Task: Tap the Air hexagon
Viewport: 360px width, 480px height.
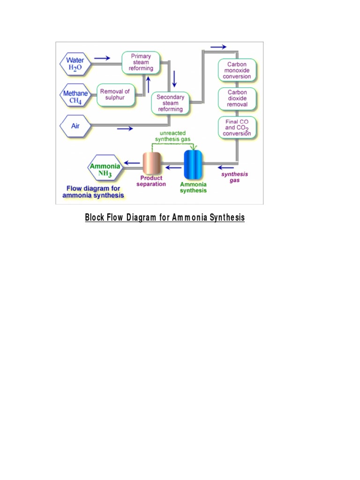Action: (75, 126)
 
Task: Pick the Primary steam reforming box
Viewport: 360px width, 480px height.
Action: (141, 62)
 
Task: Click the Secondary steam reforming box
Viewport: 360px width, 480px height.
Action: (171, 103)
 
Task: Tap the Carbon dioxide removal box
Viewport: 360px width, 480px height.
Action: (237, 99)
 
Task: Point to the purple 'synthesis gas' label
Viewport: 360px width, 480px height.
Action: (234, 177)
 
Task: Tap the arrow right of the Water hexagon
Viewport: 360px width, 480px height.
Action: (103, 58)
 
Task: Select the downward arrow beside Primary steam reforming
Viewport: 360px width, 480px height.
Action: (174, 78)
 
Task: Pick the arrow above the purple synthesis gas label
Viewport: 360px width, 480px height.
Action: (226, 166)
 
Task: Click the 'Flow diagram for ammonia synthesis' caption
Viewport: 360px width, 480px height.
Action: (93, 192)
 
